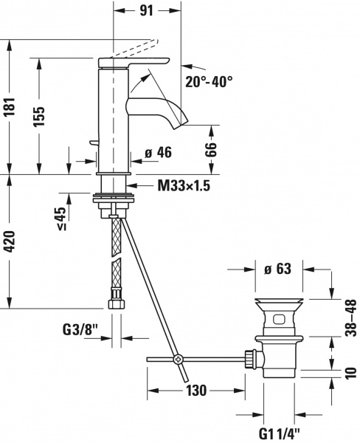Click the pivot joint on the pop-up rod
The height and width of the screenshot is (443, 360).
click(177, 360)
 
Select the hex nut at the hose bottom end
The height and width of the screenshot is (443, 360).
click(115, 302)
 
